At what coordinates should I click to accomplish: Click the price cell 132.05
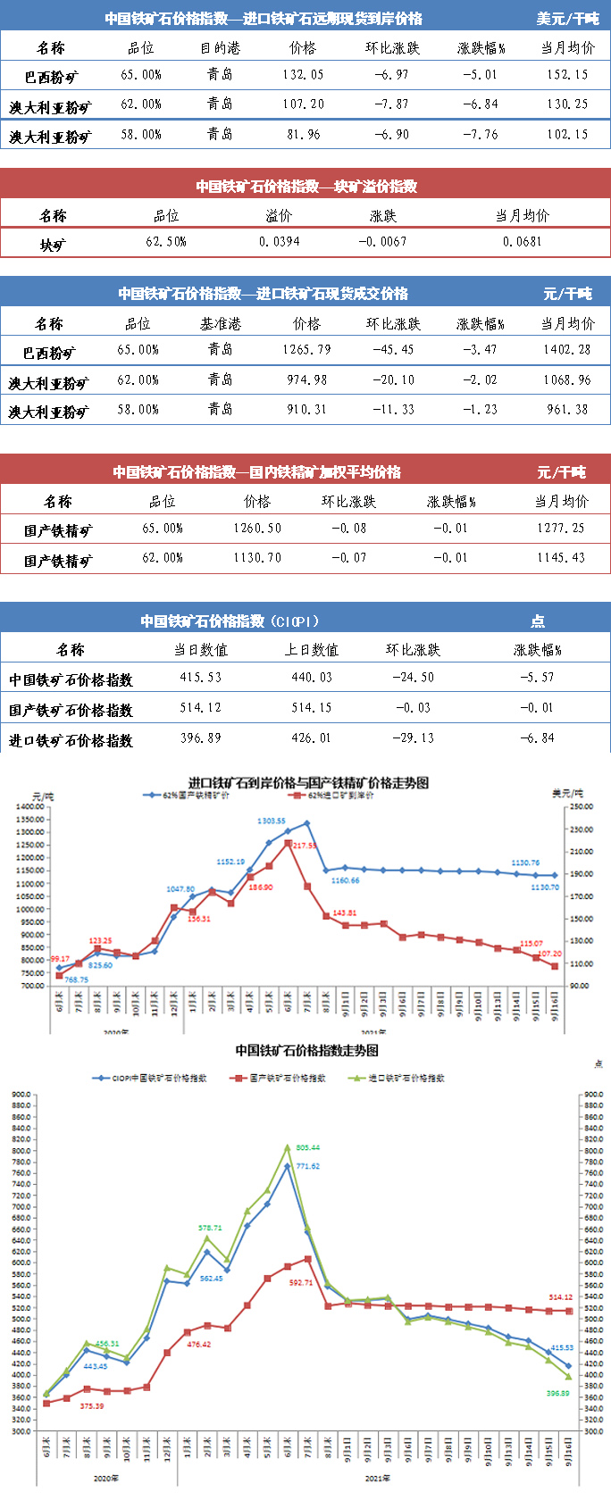[303, 75]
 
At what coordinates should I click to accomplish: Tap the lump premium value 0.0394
[280, 242]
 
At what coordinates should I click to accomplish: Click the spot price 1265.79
[306, 350]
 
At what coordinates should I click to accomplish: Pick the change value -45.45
[393, 350]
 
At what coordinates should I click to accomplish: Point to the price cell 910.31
[306, 410]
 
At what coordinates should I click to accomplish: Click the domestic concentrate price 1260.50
[257, 529]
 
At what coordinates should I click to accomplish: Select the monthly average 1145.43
[561, 558]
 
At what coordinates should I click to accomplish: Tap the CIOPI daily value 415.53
[200, 678]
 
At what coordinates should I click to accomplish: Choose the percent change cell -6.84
[537, 738]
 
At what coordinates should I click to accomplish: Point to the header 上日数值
[311, 650]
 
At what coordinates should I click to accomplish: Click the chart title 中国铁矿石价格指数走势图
[306, 1051]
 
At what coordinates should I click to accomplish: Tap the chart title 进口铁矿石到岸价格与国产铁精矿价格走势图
[308, 783]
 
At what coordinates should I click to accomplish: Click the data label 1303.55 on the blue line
[271, 821]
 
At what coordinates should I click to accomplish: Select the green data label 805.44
[307, 1147]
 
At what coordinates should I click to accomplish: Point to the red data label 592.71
[301, 1283]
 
